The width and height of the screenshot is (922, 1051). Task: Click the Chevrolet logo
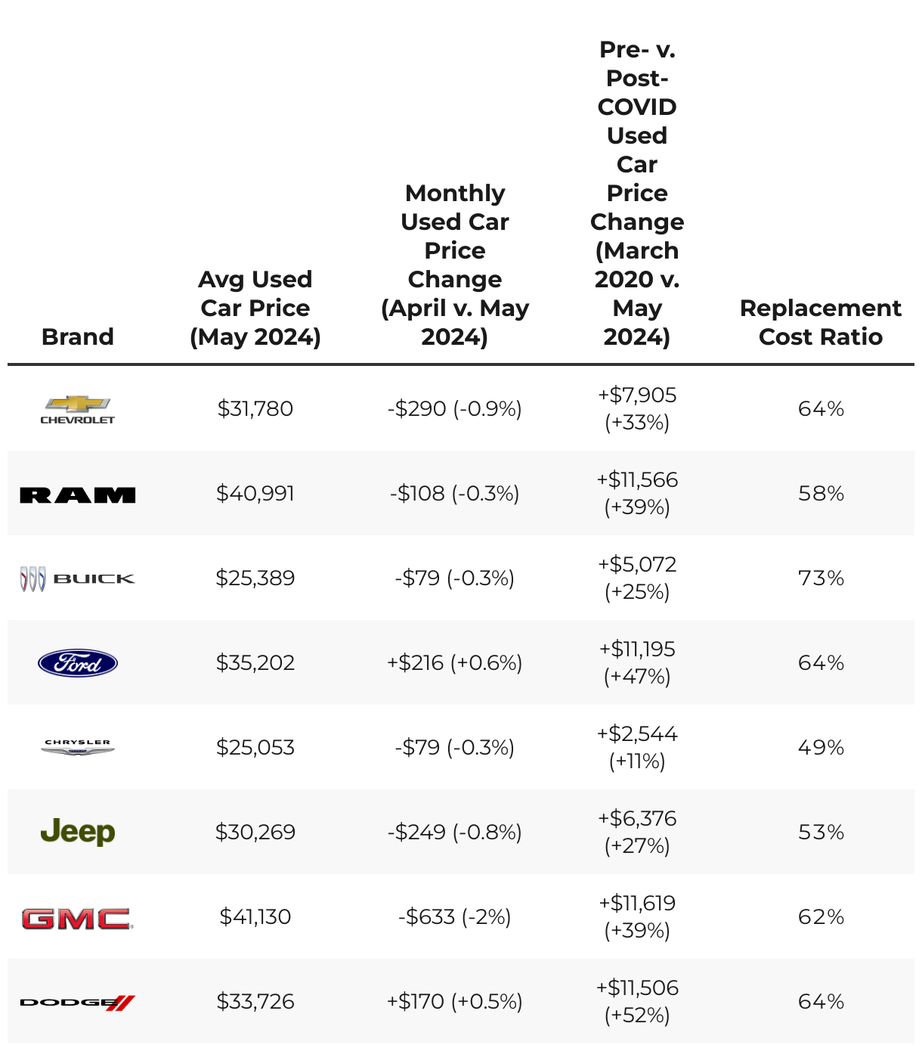pyautogui.click(x=77, y=409)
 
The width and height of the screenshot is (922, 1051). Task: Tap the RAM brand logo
pyautogui.click(x=77, y=495)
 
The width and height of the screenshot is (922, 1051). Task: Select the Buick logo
pyautogui.click(x=77, y=578)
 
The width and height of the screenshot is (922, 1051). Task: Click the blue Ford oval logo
pyautogui.click(x=77, y=663)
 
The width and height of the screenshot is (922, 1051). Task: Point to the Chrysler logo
pyautogui.click(x=77, y=747)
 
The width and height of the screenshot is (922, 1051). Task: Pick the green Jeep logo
pyautogui.click(x=77, y=832)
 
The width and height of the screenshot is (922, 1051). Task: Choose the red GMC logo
pyautogui.click(x=77, y=918)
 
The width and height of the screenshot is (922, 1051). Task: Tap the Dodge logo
pyautogui.click(x=77, y=1003)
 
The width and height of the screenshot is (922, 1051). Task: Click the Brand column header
pyautogui.click(x=77, y=336)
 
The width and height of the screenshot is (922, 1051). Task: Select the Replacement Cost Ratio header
pyautogui.click(x=820, y=322)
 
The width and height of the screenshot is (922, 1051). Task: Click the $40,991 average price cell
pyautogui.click(x=255, y=493)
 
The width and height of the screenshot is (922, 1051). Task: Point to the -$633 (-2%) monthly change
pyautogui.click(x=454, y=916)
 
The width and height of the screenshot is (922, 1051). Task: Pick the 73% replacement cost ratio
pyautogui.click(x=821, y=578)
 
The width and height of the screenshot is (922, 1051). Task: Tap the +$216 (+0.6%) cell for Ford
pyautogui.click(x=454, y=662)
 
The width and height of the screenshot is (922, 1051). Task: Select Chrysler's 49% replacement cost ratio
pyautogui.click(x=821, y=747)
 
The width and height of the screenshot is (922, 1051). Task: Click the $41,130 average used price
pyautogui.click(x=255, y=916)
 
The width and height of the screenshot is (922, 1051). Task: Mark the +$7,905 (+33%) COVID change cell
pyautogui.click(x=637, y=408)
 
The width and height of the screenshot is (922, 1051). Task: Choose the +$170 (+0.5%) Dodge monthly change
pyautogui.click(x=454, y=1001)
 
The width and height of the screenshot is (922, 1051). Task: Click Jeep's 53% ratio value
pyautogui.click(x=821, y=832)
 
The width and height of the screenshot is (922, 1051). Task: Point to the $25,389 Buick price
pyautogui.click(x=255, y=578)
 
